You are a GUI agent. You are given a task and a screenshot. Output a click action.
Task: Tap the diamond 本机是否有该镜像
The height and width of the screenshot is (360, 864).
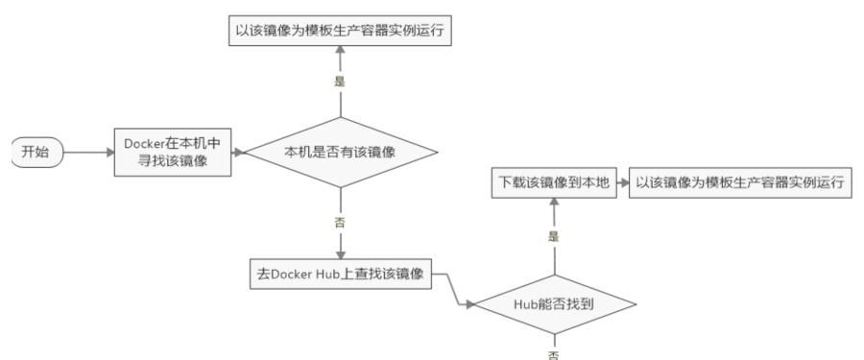pos(341,152)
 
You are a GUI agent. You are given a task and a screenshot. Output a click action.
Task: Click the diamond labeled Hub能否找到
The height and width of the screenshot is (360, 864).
pos(555,306)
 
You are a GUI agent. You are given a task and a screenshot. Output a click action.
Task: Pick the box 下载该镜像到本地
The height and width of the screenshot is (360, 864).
pos(553,183)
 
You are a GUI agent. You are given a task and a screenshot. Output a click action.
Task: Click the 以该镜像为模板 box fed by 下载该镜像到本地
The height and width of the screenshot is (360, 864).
pos(740,183)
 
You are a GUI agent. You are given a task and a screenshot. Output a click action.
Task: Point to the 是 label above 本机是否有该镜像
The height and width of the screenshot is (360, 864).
pos(340,83)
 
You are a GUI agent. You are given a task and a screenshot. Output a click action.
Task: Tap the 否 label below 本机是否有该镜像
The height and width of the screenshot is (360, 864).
pos(340,223)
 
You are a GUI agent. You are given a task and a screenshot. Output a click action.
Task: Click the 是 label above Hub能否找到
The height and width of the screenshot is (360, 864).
pos(554,235)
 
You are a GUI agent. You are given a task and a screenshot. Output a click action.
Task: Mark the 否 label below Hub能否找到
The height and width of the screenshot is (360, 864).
pos(554,352)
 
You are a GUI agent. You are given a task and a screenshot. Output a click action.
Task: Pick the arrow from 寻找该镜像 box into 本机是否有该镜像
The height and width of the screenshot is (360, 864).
pos(240,153)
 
